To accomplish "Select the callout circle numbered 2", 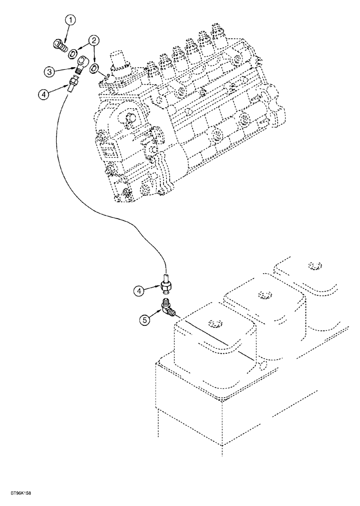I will click(x=94, y=40).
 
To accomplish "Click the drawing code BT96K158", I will click(x=19, y=492).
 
